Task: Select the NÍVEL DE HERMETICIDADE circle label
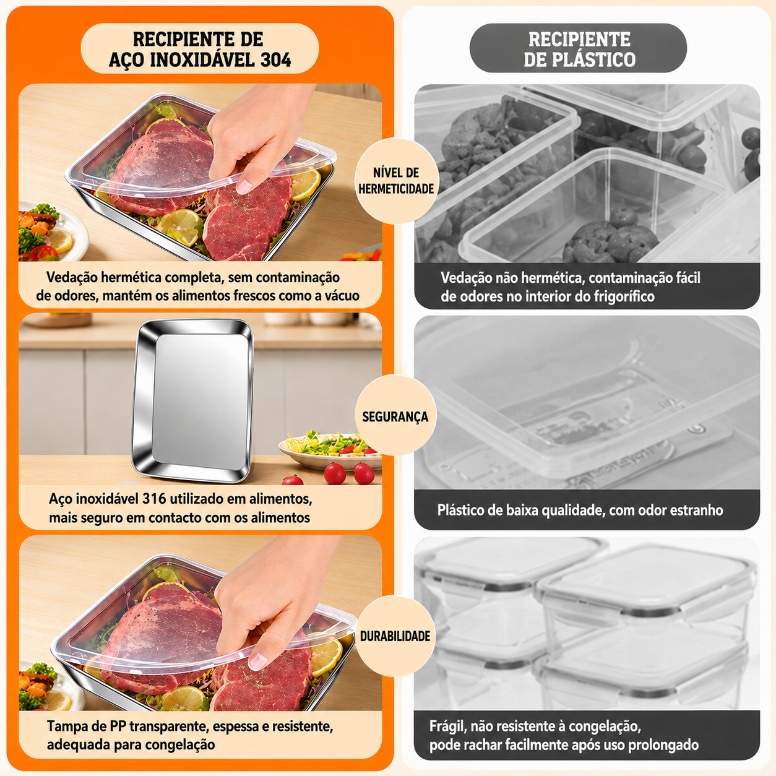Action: pos(396,181)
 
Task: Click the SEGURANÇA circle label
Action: pos(395,416)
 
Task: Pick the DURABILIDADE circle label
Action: pos(395,636)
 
